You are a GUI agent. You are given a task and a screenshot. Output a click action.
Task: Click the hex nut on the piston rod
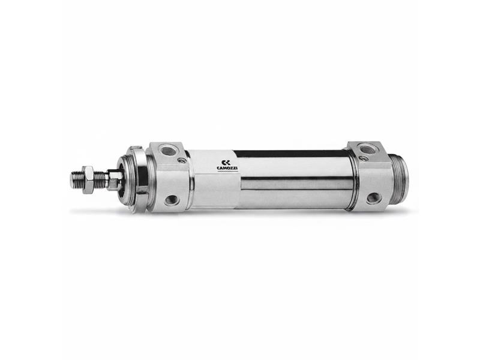click(x=88, y=179)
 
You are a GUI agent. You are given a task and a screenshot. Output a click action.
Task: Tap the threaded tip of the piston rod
click(x=76, y=179)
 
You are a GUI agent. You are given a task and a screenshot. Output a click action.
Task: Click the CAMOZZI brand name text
click(x=227, y=168)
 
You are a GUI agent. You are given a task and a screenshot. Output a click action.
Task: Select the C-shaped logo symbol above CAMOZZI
click(x=226, y=162)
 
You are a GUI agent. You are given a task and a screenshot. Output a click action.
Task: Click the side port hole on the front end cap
click(x=171, y=200)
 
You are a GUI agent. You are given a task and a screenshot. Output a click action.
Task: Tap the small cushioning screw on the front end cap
click(x=182, y=160)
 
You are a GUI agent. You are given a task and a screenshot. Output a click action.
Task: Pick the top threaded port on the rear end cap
click(x=366, y=149)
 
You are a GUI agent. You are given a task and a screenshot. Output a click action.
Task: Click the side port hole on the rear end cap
click(x=374, y=198)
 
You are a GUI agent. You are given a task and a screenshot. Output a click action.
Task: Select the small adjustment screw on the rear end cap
click(x=364, y=158)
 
